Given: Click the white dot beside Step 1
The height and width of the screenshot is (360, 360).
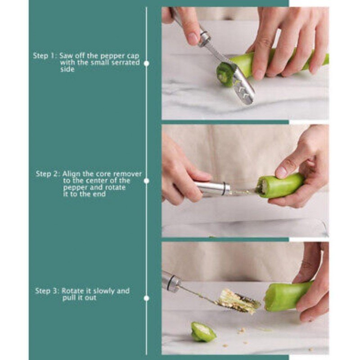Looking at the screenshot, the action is pos(147,63).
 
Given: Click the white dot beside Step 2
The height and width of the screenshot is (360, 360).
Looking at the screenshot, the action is pos(147,181).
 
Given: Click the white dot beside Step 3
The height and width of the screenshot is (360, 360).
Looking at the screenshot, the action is pos(147,298).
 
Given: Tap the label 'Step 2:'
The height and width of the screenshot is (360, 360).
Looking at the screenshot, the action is pos(48,174).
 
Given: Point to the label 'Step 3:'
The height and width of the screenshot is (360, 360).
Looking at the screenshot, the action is pos(47,291).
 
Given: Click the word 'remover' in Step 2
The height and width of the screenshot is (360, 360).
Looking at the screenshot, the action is pos(127,174).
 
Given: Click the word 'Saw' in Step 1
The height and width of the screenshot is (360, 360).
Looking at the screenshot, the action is pos(65,56).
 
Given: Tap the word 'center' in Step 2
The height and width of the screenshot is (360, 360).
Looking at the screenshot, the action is pos(96,181).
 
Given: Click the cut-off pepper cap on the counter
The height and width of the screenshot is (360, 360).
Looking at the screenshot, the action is pos(203,332).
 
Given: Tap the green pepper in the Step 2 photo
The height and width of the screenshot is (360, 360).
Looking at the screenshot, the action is pos(280,185).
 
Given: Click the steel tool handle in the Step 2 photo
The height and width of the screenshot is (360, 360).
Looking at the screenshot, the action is pos(211,188).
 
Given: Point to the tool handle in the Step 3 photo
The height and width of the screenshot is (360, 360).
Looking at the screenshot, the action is pos(171,282).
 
